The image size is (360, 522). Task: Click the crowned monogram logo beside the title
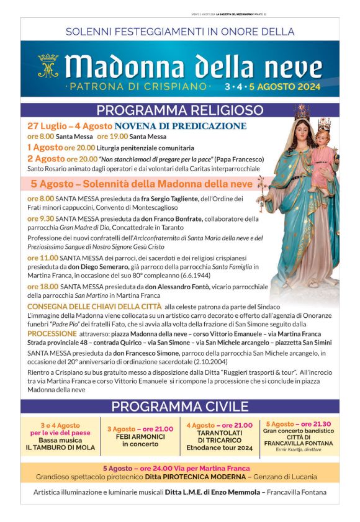click(x=48, y=65)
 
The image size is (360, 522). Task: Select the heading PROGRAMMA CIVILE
click(x=180, y=407)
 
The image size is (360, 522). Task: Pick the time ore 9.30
click(x=40, y=218)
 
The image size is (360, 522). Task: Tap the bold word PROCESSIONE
click(x=52, y=333)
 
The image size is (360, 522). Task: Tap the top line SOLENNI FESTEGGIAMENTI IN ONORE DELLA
click(x=180, y=31)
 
